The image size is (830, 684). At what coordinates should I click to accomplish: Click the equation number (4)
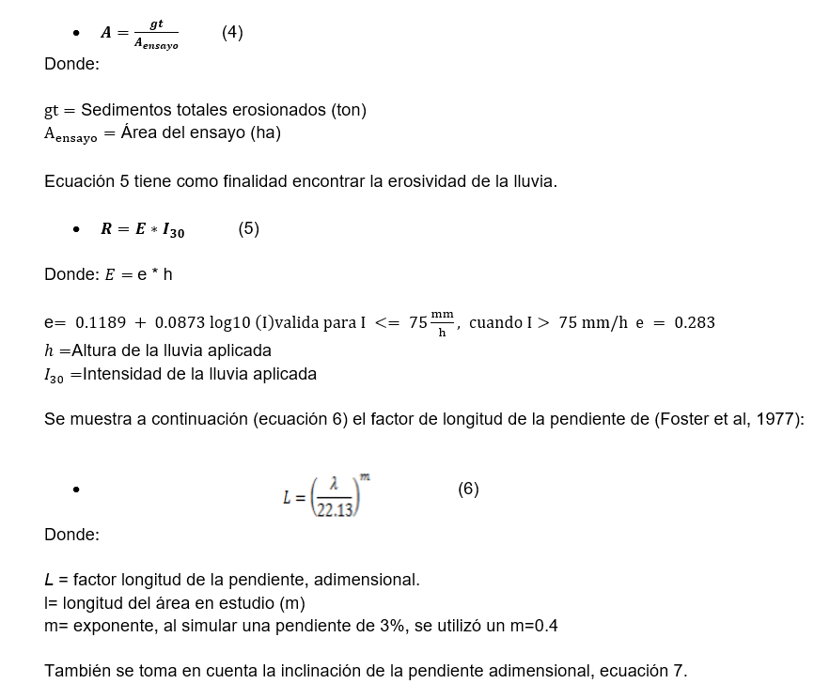point(232,33)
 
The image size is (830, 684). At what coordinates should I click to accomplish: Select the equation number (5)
point(248,228)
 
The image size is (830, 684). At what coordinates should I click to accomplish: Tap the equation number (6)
point(468,489)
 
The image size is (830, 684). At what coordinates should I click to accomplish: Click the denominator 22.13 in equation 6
point(334,510)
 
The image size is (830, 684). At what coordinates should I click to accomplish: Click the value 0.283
point(694,323)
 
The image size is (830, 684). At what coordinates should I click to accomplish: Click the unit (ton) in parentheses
point(349,110)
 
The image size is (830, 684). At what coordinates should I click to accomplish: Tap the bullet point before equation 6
point(76,490)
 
